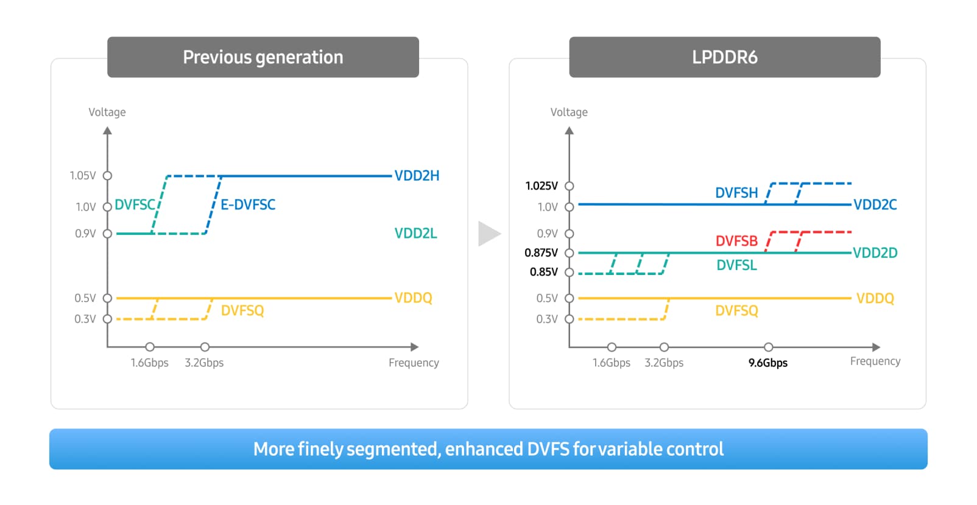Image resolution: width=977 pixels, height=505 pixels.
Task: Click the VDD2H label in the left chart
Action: click(417, 176)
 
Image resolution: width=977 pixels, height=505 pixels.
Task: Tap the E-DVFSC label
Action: click(248, 204)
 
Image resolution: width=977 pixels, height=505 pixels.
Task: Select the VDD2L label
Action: click(415, 234)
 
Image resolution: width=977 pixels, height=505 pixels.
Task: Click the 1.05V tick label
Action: click(83, 176)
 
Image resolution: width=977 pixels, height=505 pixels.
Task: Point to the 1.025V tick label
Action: click(541, 186)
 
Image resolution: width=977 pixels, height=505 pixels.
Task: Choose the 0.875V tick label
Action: click(541, 252)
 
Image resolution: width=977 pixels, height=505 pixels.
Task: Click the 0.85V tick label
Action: click(543, 272)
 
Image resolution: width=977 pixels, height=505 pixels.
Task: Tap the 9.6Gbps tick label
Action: click(767, 363)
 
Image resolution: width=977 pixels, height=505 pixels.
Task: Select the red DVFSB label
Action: click(736, 241)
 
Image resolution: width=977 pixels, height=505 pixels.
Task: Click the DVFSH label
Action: click(736, 193)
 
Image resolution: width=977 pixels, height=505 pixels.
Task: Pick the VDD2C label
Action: click(875, 204)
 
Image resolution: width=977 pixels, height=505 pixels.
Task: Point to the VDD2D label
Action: click(875, 252)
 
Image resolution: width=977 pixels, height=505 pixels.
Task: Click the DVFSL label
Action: click(736, 265)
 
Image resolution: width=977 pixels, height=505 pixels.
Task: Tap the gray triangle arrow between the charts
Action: click(488, 234)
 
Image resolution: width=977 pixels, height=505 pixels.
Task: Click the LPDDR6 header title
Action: click(724, 57)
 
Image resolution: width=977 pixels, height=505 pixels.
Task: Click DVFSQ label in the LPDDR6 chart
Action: click(736, 311)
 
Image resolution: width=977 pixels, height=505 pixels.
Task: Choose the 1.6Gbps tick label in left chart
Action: click(149, 363)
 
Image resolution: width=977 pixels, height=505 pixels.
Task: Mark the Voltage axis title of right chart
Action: click(569, 113)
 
